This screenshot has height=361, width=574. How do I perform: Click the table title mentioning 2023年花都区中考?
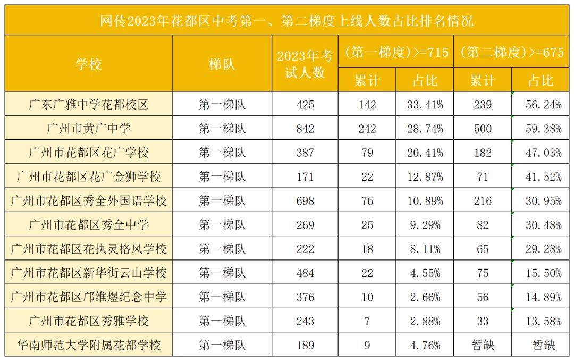pyautogui.click(x=287, y=21)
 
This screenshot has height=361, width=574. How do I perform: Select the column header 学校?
pyautogui.click(x=89, y=64)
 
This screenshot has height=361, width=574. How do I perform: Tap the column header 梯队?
pyautogui.click(x=222, y=64)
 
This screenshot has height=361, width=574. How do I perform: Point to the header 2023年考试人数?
pyautogui.click(x=305, y=64)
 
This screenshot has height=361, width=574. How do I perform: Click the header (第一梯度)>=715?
pyautogui.click(x=396, y=52)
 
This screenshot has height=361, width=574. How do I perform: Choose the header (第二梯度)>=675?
pyautogui.click(x=512, y=52)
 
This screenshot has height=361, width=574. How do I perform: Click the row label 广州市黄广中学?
pyautogui.click(x=89, y=129)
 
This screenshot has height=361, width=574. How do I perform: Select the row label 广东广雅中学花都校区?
pyautogui.click(x=89, y=105)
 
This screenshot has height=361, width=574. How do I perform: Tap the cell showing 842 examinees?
pyautogui.click(x=305, y=129)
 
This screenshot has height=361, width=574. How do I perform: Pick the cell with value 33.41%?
pyautogui.click(x=425, y=105)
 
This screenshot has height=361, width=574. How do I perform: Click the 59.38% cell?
pyautogui.click(x=541, y=129)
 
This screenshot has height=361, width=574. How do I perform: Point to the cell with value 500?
pyautogui.click(x=483, y=129)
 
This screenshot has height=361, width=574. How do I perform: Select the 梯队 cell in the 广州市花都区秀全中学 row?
pyautogui.click(x=222, y=225)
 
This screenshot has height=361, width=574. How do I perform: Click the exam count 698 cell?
pyautogui.click(x=305, y=201)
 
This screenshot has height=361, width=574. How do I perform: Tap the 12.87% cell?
pyautogui.click(x=425, y=177)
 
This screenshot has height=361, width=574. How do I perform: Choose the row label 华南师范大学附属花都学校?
pyautogui.click(x=89, y=345)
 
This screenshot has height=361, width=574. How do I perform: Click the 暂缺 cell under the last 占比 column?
pyautogui.click(x=541, y=345)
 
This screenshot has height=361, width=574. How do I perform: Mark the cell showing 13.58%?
pyautogui.click(x=541, y=321)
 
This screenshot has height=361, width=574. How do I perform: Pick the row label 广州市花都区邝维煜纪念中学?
pyautogui.click(x=89, y=297)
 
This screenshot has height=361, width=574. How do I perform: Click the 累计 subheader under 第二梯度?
pyautogui.click(x=483, y=80)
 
